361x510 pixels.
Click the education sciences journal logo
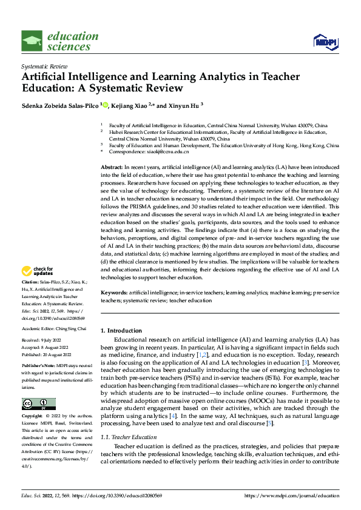59,41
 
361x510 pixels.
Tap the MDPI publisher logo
325,41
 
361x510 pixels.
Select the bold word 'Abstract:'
112,166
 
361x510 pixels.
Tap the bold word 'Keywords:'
114,292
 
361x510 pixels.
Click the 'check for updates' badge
39,271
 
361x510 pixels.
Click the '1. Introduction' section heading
121,331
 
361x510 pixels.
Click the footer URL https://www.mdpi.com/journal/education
291,495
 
